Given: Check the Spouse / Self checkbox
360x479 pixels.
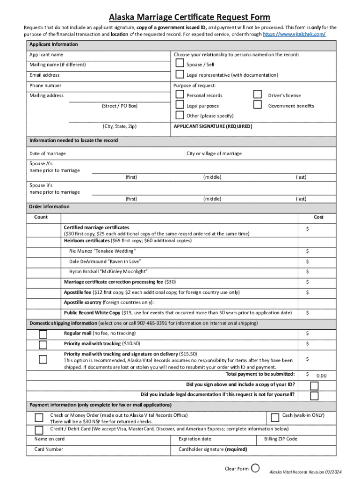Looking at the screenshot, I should pyautogui.click(x=180, y=65).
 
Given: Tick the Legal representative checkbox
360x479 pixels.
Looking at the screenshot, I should pyautogui.click(x=180, y=75).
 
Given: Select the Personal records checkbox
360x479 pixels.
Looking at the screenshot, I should pyautogui.click(x=180, y=94).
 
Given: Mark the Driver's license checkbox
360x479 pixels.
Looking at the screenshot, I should pyautogui.click(x=257, y=94).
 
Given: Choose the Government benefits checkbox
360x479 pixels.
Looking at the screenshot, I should pyautogui.click(x=257, y=105).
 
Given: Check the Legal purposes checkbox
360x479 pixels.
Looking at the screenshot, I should pyautogui.click(x=180, y=105).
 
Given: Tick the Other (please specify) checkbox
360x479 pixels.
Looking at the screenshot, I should pyautogui.click(x=180, y=115).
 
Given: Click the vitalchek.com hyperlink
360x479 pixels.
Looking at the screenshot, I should pyautogui.click(x=295, y=35).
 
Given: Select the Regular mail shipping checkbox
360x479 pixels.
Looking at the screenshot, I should pyautogui.click(x=43, y=334).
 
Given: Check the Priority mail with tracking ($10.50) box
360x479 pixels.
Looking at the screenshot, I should pyautogui.click(x=43, y=345).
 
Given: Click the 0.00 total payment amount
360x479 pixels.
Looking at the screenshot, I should pyautogui.click(x=321, y=376).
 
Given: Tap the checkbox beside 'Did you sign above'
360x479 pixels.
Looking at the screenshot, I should pyautogui.click(x=314, y=386).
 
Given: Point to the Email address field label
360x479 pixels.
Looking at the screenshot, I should pyautogui.click(x=44, y=75).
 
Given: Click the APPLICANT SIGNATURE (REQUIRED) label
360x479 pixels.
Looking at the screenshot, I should pyautogui.click(x=213, y=126).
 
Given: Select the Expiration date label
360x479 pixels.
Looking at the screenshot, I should pyautogui.click(x=194, y=439).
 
